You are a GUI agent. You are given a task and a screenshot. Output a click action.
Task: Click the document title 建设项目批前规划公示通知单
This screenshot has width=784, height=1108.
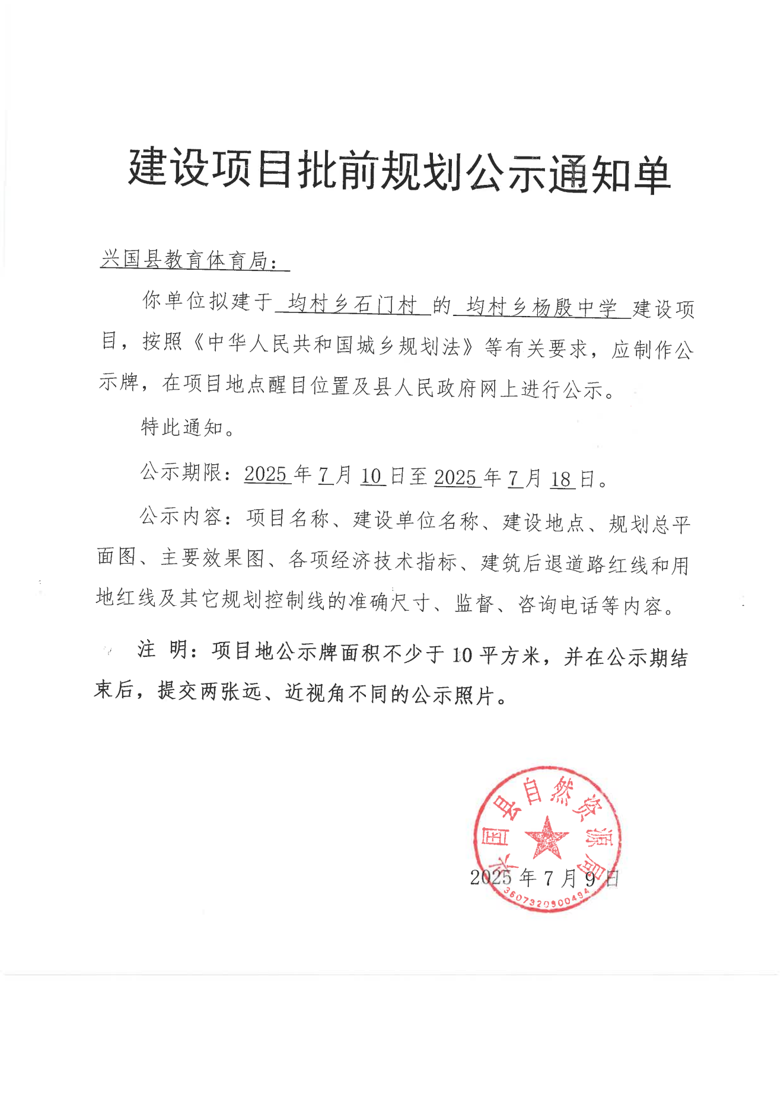(x=399, y=172)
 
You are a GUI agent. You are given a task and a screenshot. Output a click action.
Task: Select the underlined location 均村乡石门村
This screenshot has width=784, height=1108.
(x=352, y=305)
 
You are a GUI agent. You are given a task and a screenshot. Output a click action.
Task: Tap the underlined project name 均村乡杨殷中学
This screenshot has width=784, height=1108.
(x=541, y=308)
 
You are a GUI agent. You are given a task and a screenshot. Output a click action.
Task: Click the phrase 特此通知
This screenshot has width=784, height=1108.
(x=183, y=427)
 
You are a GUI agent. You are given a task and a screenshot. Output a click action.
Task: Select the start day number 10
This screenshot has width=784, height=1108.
(x=372, y=476)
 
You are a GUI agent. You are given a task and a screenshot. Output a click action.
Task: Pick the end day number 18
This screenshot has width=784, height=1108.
(x=562, y=479)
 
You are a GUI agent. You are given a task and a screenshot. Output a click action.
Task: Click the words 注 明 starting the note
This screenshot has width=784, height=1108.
(x=163, y=650)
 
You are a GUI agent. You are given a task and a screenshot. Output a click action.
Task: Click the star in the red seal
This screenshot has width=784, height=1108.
(x=546, y=838)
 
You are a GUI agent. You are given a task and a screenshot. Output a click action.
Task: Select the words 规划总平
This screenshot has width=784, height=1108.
(x=649, y=524)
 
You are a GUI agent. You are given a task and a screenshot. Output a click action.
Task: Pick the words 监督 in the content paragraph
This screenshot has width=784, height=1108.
(x=474, y=604)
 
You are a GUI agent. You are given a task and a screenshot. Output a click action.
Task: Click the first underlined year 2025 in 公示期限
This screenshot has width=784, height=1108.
(x=266, y=474)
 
